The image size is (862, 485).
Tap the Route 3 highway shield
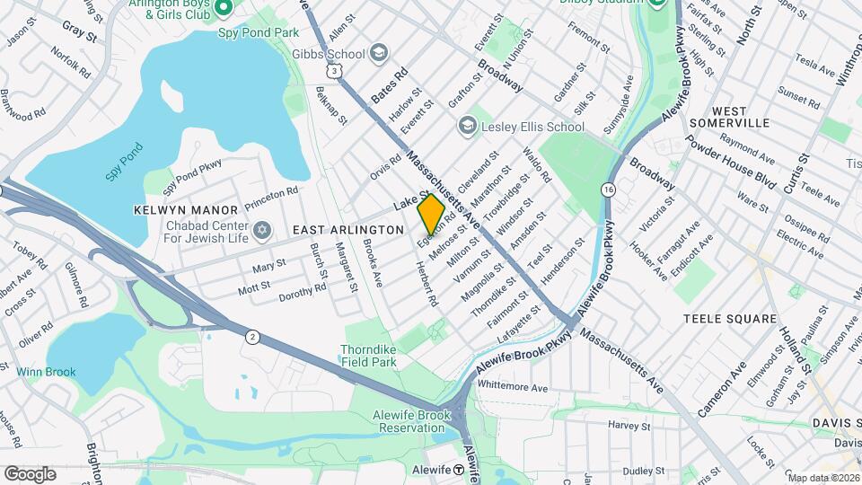(x=334, y=69)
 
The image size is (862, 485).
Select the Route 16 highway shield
(x=609, y=190)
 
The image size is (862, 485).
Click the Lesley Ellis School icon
(x=467, y=127)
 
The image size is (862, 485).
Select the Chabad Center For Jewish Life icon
(x=262, y=231)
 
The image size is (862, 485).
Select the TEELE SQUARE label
(x=729, y=319)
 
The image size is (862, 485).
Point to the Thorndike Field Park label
(x=368, y=356)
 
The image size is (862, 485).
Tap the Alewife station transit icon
(x=458, y=470)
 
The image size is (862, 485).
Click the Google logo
(x=30, y=473)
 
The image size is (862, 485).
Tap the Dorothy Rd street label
(x=303, y=292)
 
